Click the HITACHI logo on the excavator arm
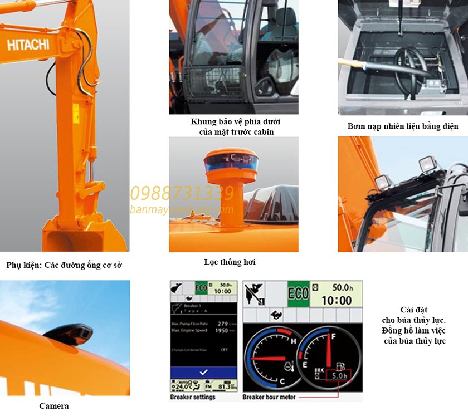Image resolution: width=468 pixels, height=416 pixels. click(28, 45)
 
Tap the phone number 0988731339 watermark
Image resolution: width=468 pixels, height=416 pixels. click(182, 193)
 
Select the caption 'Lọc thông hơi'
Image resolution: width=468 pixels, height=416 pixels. click(230, 262)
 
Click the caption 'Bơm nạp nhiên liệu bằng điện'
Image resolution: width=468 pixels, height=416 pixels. click(402, 126)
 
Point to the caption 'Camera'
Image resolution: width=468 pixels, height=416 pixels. click(54, 405)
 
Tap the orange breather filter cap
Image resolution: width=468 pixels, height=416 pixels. click(230, 161)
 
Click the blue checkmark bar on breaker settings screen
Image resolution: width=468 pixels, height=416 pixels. click(203, 372)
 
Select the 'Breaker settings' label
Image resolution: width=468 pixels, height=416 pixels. click(192, 397)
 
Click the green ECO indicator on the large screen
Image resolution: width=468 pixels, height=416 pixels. click(299, 292)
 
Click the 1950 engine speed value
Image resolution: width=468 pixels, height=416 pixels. click(221, 330)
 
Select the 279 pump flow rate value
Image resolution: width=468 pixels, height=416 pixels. click(221, 323)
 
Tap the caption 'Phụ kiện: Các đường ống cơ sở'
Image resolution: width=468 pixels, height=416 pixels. click(64, 265)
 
